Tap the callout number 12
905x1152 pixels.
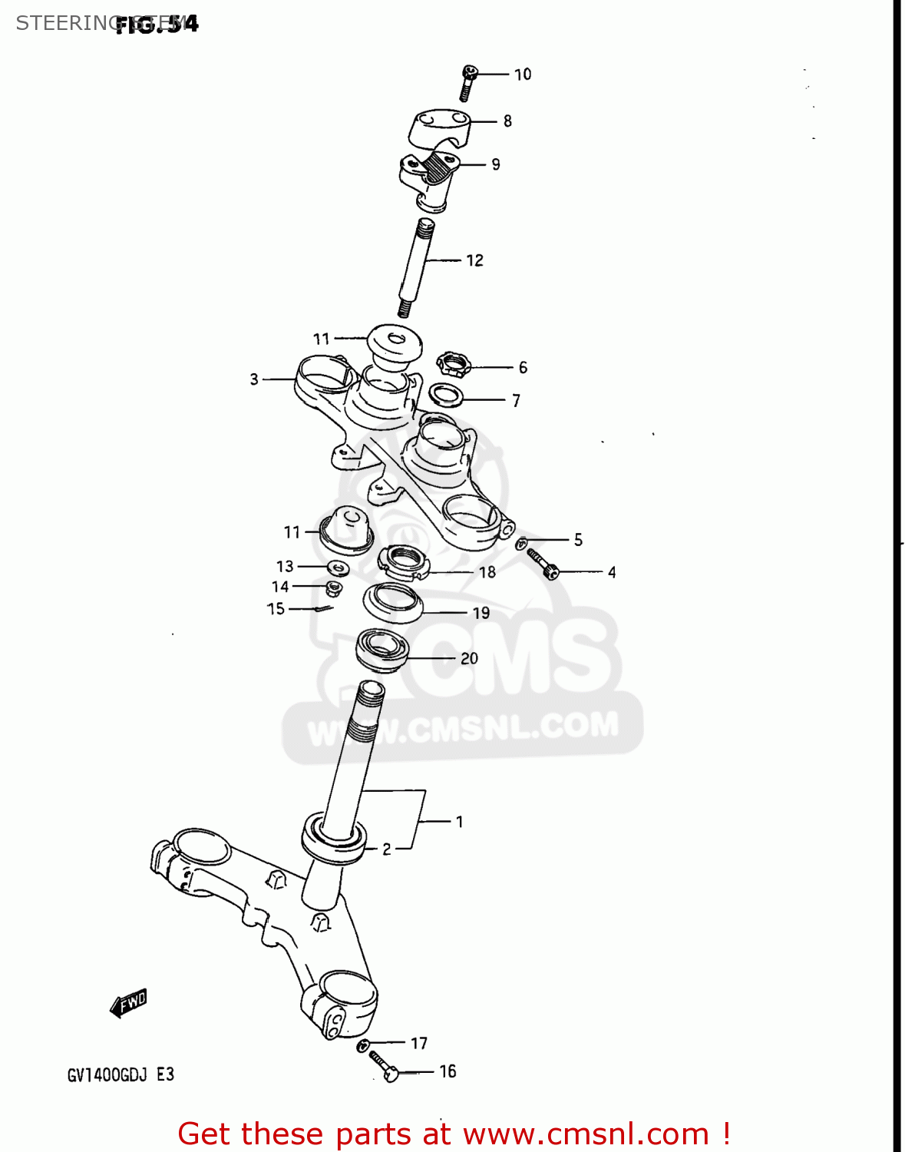[x=474, y=260]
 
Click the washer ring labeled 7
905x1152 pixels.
[x=445, y=396]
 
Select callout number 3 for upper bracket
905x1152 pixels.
[x=254, y=379]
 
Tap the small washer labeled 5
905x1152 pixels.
[x=521, y=543]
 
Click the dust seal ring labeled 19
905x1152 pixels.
[x=393, y=603]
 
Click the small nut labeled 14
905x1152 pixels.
[x=333, y=589]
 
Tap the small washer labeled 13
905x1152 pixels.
[x=338, y=568]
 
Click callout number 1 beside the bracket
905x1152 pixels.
[x=459, y=822]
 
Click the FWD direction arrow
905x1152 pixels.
[x=128, y=1003]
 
